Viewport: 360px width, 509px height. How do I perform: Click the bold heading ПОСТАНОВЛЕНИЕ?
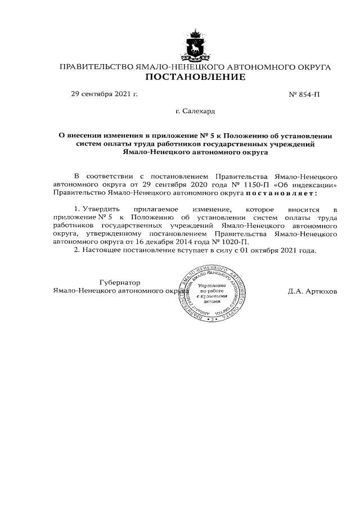pos(195,78)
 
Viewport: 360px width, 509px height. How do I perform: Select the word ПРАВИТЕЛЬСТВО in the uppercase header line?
pos(96,67)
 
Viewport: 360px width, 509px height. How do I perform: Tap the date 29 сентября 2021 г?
pos(103,94)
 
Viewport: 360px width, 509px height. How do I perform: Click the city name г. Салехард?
pos(195,112)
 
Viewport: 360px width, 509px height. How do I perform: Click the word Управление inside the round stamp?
pos(212,286)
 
